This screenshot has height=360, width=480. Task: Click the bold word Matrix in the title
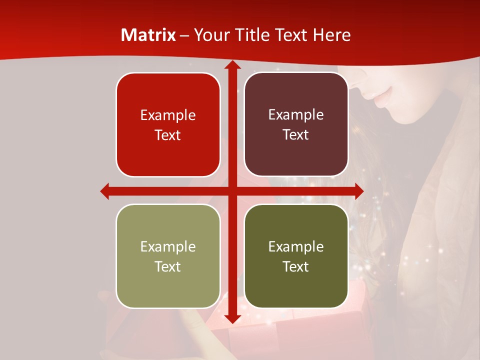(x=148, y=35)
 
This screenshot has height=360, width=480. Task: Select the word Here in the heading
(x=331, y=35)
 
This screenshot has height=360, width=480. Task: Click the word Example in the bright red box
(x=168, y=115)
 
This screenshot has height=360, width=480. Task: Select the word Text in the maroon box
(x=296, y=135)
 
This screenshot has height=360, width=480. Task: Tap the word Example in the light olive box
(x=168, y=247)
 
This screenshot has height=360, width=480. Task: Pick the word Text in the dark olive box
(x=296, y=267)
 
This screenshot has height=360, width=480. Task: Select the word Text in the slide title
(x=292, y=35)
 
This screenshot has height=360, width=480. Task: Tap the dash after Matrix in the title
(x=184, y=35)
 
